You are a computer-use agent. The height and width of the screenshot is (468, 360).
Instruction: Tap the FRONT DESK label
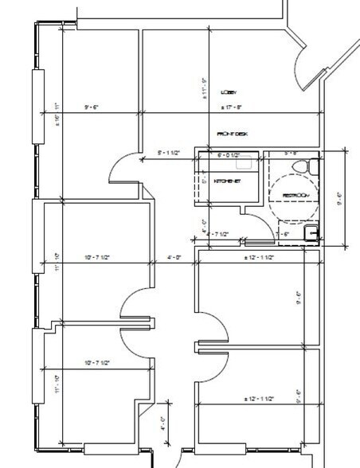(x=233, y=135)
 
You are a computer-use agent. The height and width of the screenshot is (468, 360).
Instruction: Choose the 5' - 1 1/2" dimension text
(x=170, y=151)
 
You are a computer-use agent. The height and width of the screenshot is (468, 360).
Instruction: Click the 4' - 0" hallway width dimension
(x=174, y=257)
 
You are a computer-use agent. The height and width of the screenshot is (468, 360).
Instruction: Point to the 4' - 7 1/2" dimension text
(x=217, y=234)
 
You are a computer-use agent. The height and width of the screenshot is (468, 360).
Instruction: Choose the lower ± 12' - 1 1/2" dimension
(x=259, y=398)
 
